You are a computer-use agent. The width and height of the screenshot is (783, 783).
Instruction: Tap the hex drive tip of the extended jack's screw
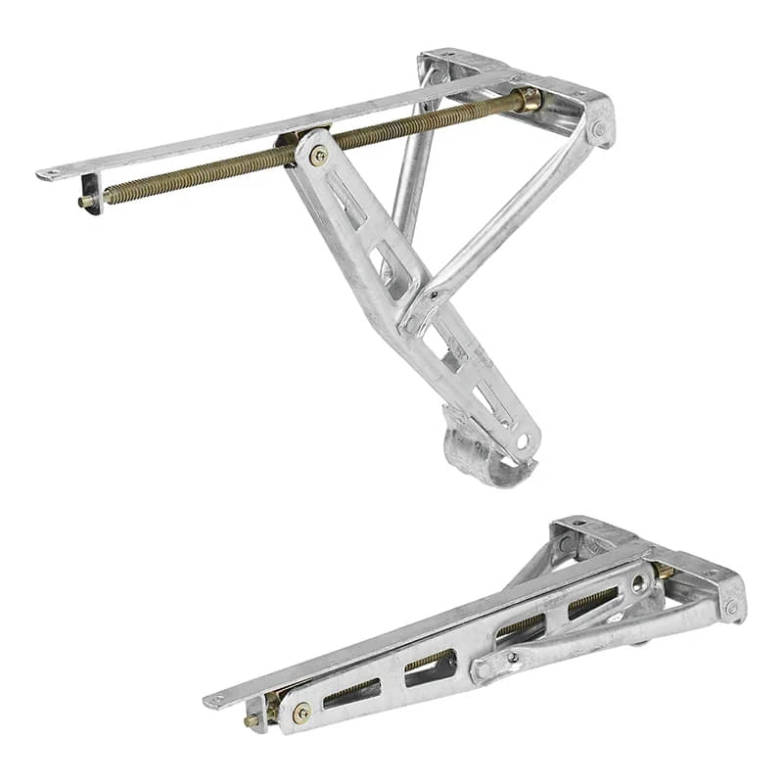click(x=83, y=202)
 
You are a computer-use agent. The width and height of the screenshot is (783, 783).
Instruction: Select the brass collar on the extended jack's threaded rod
click(x=529, y=99)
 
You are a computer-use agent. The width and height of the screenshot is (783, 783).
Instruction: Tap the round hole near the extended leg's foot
click(x=523, y=441)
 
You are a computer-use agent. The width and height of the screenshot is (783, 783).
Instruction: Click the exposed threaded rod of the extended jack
click(x=196, y=176)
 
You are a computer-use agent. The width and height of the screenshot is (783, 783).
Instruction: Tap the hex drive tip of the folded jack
click(x=250, y=721)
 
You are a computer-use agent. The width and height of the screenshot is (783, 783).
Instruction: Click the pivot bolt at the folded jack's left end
click(x=300, y=712)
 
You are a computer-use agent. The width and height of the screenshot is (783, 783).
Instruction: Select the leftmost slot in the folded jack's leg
click(x=349, y=694)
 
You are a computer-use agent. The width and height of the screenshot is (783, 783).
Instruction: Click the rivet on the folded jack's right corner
click(x=731, y=607)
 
